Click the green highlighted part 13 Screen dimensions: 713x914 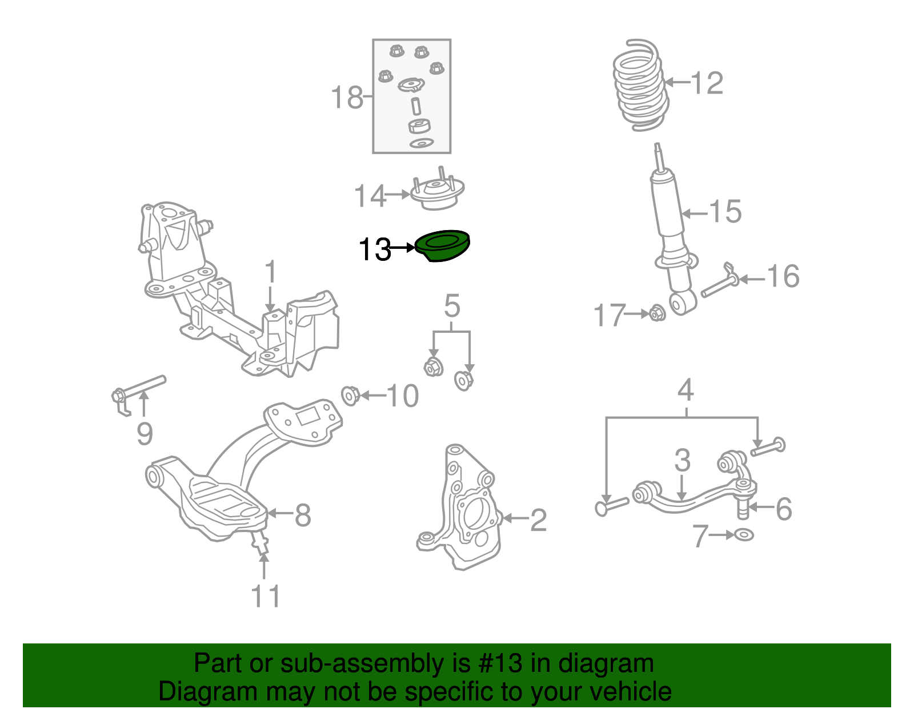tap(443, 245)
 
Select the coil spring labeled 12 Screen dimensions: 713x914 tap(639, 86)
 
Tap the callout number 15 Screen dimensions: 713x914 tap(725, 212)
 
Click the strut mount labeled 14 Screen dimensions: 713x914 tap(438, 194)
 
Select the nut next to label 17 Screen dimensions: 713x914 tap(657, 313)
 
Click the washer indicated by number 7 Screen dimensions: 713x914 tap(744, 535)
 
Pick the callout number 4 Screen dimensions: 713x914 tap(685, 390)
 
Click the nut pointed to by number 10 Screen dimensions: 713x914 tap(350, 395)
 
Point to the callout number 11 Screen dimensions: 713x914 tap(266, 596)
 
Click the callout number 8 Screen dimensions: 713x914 tap(303, 515)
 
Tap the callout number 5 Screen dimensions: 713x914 tap(452, 307)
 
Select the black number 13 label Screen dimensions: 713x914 tap(374, 249)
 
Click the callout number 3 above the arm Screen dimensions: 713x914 tap(682, 460)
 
